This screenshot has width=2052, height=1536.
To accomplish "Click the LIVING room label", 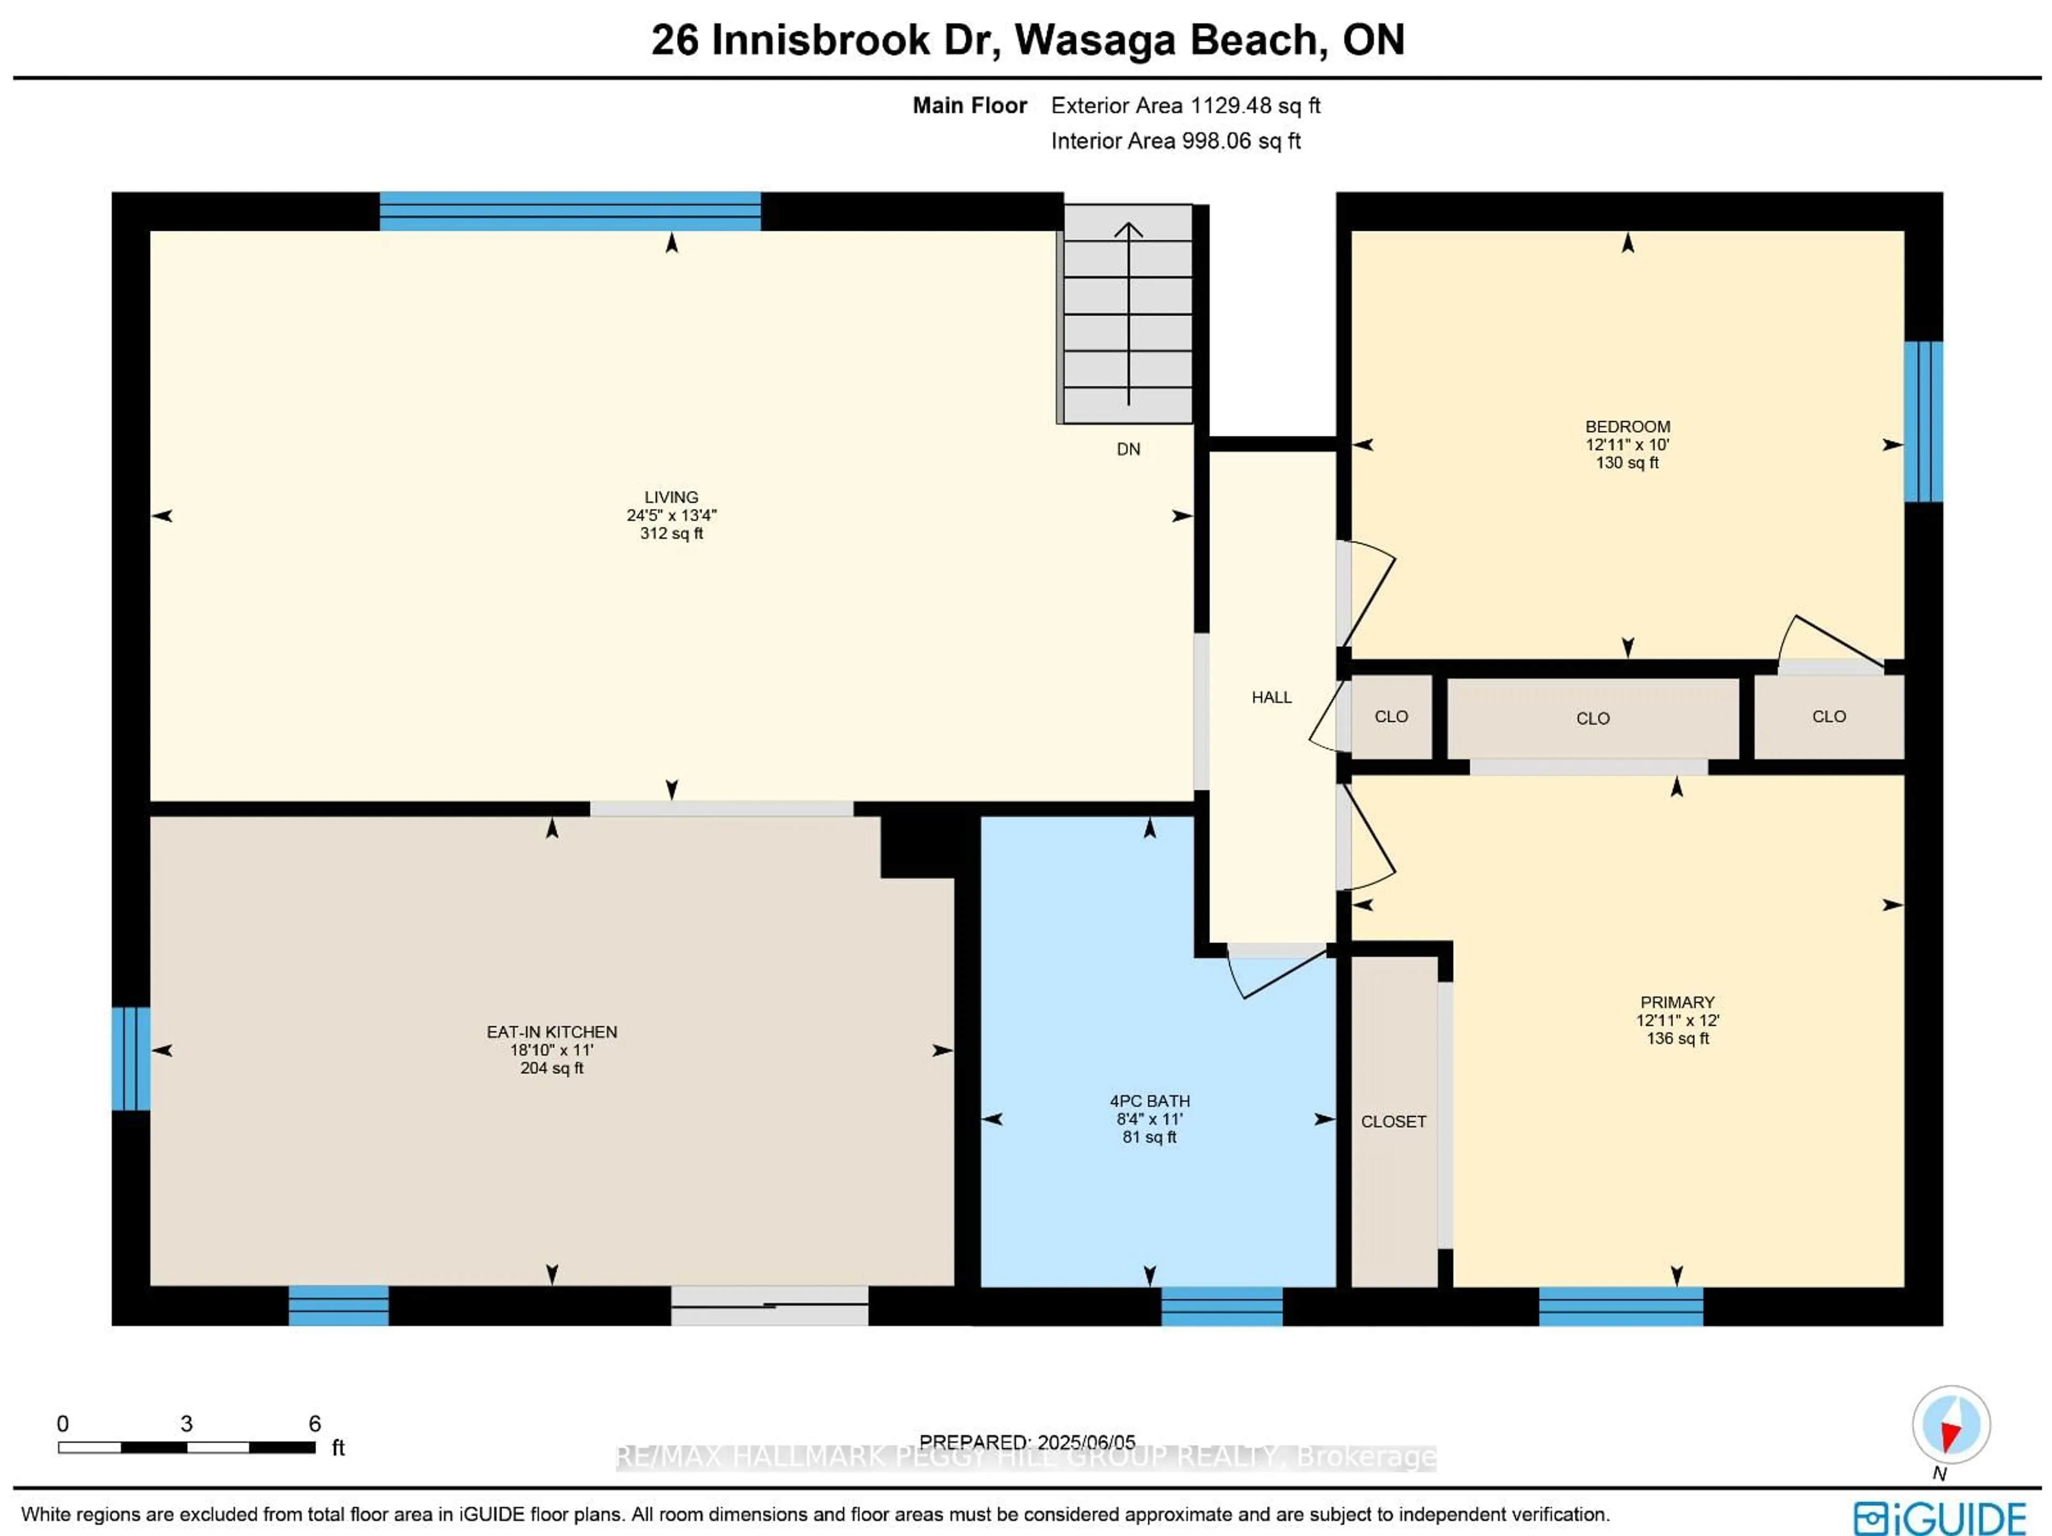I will (x=671, y=497).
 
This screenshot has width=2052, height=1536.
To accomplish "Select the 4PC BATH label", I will (x=1149, y=1101).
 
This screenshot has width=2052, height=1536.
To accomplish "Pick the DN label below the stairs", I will (x=1128, y=449).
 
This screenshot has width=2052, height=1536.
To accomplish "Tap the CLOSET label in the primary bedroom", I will (x=1393, y=1121).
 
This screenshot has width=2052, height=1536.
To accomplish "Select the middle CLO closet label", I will (x=1592, y=719).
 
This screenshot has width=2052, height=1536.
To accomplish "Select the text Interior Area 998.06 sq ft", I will (x=1175, y=141).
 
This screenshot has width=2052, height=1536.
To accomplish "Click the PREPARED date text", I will (x=1027, y=1443).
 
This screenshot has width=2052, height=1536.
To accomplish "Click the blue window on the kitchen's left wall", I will (x=131, y=1058).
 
